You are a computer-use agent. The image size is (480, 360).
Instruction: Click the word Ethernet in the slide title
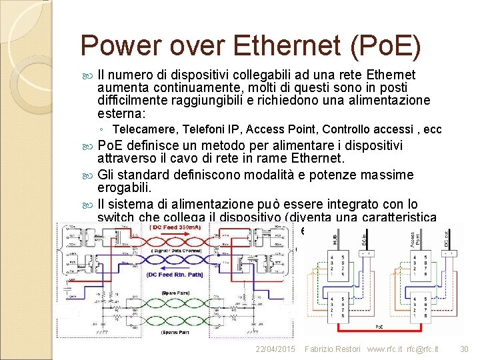coord(289,45)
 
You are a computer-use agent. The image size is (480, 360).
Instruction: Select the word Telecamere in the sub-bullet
coord(141,129)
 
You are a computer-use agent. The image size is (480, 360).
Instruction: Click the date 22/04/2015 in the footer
coord(275,349)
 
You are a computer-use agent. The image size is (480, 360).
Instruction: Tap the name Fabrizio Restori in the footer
coord(332,349)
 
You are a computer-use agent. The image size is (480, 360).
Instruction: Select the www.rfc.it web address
coord(385,349)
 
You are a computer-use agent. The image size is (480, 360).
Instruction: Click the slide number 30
coord(465,349)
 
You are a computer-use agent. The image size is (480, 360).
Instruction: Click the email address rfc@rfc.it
coord(425,349)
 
